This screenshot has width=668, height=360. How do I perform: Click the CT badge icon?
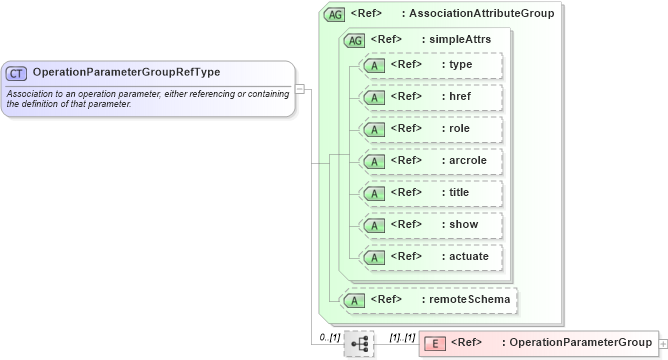point(17,73)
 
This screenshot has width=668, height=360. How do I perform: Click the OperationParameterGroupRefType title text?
point(126,72)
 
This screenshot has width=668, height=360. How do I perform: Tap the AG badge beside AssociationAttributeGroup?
point(334,15)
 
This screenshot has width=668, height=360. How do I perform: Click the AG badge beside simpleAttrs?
point(354,40)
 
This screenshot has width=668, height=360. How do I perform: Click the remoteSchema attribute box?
point(431,299)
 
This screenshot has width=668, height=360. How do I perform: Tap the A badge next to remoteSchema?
point(354,299)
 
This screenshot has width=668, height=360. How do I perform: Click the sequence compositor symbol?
point(359,344)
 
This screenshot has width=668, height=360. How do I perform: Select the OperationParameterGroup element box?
point(538,343)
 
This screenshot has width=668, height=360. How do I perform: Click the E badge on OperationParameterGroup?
point(435,344)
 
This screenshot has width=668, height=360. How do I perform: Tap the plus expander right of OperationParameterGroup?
point(664,344)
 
